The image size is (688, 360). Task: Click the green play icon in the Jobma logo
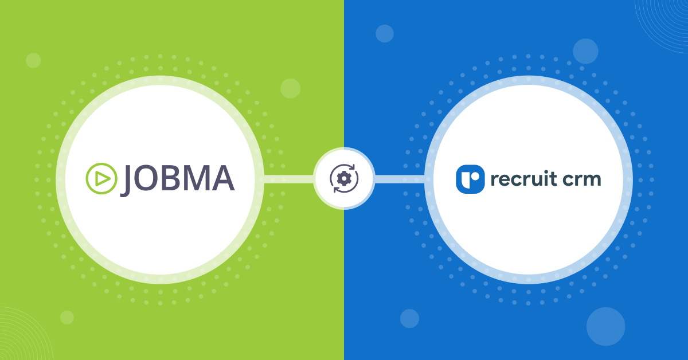click(101, 178)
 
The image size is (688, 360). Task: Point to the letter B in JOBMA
click(170, 178)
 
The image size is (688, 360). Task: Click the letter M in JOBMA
click(196, 178)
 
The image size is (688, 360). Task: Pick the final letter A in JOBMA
click(222, 178)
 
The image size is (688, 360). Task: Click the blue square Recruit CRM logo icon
click(470, 179)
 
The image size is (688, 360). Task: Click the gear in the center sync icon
click(344, 178)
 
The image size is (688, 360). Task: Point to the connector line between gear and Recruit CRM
click(399, 179)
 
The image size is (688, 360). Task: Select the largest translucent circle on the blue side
click(605, 327)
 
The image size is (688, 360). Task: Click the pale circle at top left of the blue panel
click(385, 33)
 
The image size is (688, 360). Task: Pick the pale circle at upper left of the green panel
click(33, 60)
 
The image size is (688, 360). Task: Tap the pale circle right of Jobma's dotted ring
click(290, 88)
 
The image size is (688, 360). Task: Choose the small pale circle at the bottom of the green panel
click(67, 318)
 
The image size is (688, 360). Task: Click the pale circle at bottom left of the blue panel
click(409, 319)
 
